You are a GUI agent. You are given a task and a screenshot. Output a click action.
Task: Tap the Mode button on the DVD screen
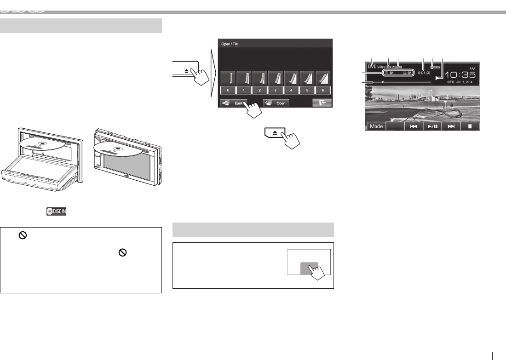(376, 126)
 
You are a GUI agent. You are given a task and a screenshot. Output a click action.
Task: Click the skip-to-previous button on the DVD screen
(414, 126)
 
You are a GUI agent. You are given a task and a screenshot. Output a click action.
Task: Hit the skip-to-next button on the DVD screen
(451, 126)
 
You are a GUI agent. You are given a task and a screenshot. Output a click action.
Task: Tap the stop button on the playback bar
(470, 126)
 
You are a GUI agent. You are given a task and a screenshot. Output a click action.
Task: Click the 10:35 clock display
(462, 75)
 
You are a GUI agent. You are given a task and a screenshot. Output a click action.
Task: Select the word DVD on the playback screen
(372, 66)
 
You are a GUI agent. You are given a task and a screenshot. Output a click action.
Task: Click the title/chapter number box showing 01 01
(397, 73)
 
